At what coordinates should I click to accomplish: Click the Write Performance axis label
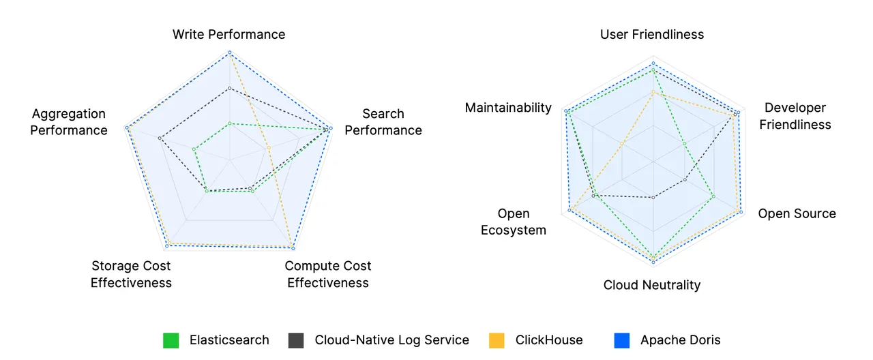point(228,34)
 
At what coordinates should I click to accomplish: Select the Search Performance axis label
point(383,122)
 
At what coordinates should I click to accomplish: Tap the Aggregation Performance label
point(69,122)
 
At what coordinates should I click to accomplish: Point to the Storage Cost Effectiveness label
point(131,274)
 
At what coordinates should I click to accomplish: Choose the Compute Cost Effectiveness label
point(328,274)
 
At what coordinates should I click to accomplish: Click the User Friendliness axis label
point(652,34)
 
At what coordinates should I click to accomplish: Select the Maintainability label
point(508,108)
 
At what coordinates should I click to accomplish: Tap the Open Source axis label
point(797,213)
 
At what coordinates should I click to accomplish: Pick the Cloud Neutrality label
point(652,285)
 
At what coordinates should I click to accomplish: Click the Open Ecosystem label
point(514,222)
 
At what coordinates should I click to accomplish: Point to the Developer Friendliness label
point(795,116)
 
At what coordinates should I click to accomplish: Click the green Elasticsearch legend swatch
point(171,340)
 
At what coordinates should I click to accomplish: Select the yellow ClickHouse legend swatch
point(497,340)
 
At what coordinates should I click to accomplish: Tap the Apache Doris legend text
point(680,340)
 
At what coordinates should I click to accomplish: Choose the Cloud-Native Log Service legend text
point(391,340)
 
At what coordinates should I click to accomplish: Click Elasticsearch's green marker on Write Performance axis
point(230,123)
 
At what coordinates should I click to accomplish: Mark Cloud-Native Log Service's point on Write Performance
point(230,88)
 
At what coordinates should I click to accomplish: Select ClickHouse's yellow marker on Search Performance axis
point(269,148)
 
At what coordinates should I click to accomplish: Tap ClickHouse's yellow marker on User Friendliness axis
point(653,92)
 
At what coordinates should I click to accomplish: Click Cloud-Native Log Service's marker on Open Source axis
point(685,180)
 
